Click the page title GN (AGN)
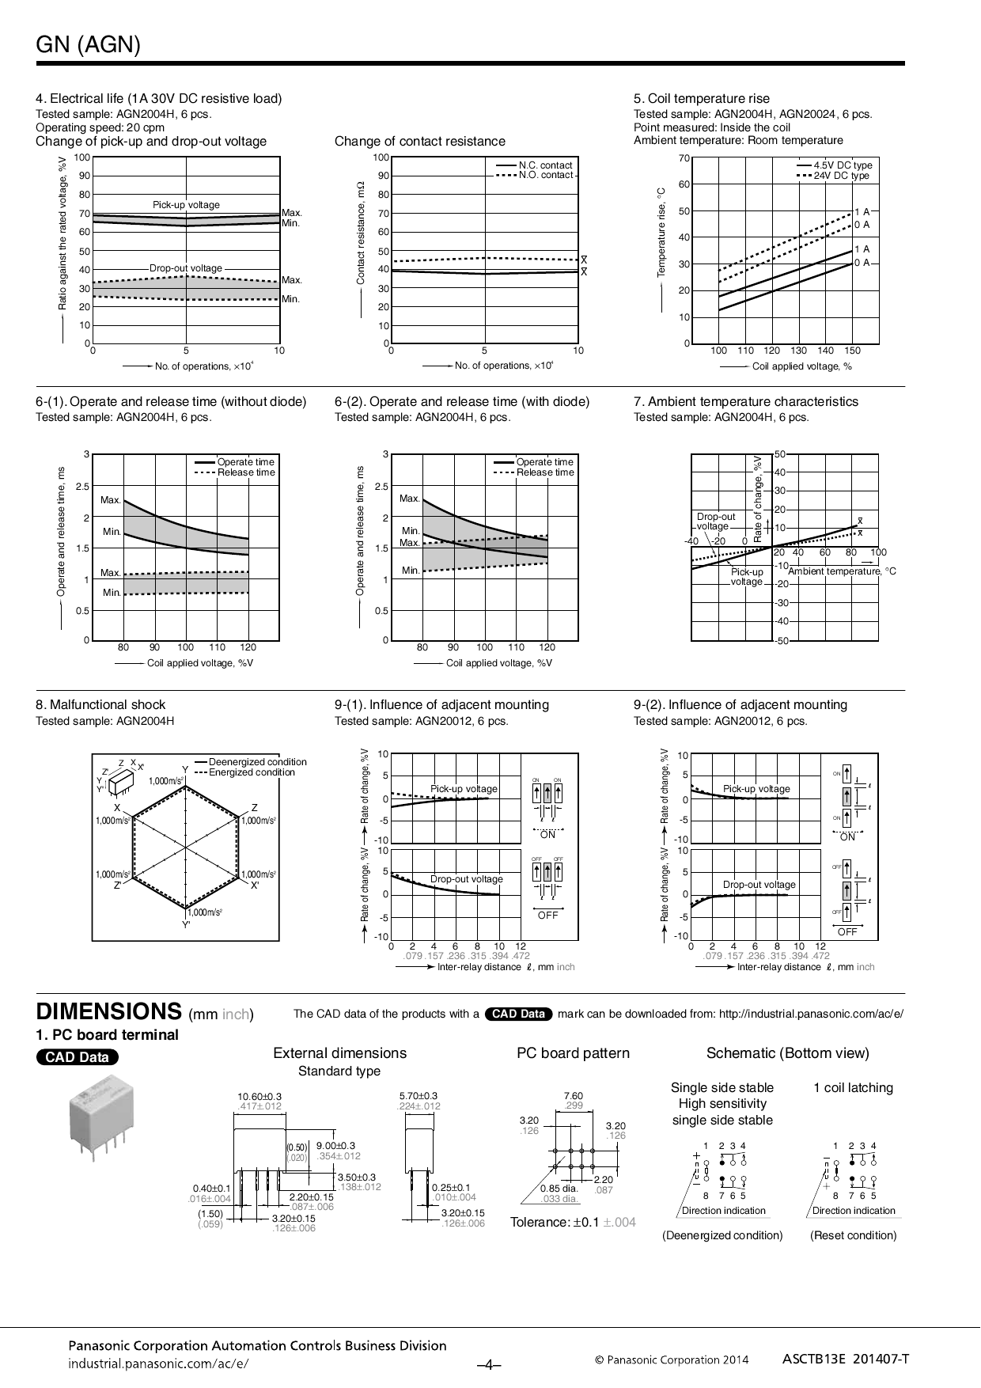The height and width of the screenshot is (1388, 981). click(89, 45)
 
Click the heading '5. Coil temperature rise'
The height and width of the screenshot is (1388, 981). click(701, 98)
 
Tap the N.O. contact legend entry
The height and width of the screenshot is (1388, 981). click(545, 175)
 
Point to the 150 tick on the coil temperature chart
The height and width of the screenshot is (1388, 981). click(852, 350)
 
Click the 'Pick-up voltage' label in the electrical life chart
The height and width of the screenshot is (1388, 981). click(186, 205)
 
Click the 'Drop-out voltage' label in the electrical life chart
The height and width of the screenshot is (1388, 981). click(186, 268)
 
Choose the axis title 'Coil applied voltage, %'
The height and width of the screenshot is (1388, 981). click(801, 366)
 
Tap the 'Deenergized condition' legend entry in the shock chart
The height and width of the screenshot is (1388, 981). click(257, 762)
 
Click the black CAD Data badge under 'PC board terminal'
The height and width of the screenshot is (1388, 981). click(78, 1057)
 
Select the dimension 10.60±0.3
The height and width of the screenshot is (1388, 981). click(259, 1096)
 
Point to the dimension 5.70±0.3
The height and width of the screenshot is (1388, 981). click(419, 1096)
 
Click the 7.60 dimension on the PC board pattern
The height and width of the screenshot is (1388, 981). click(573, 1096)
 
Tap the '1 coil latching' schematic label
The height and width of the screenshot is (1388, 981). click(853, 1087)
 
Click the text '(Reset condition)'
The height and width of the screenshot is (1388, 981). click(853, 1235)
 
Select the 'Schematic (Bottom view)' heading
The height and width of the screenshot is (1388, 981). click(787, 1052)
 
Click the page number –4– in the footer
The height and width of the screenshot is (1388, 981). click(490, 1364)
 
